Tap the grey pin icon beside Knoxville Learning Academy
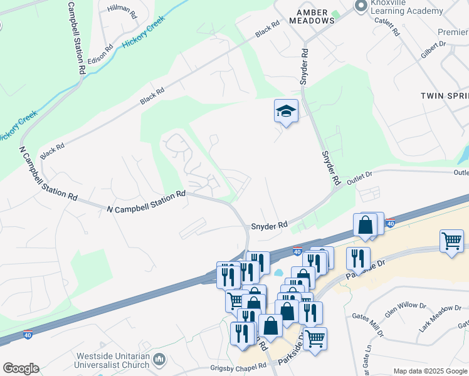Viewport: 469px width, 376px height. point(361,6)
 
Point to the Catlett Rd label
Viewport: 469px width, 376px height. point(386,25)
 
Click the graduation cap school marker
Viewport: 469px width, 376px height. point(286,112)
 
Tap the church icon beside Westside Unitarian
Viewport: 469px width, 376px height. point(159,359)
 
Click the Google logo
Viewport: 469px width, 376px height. point(21,368)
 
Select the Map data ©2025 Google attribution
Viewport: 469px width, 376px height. point(429,371)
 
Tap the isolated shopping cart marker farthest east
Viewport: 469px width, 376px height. point(451,240)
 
